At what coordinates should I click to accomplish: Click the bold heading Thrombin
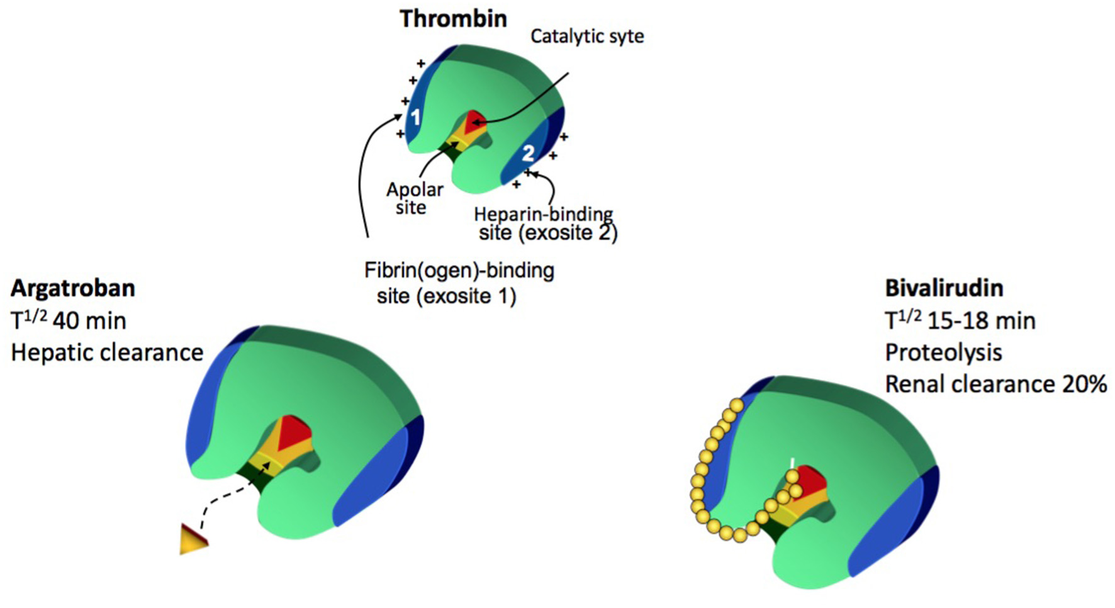point(453,19)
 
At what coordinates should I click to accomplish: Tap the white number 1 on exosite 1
point(415,116)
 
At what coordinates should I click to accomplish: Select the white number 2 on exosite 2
point(528,153)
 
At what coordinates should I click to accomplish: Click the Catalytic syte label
point(587,37)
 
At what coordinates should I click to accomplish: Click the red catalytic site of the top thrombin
point(473,121)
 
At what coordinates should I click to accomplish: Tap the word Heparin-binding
point(543,214)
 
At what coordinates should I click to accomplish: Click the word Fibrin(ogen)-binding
point(459,271)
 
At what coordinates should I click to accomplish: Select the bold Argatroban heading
point(73,288)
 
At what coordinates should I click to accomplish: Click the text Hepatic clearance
point(108,352)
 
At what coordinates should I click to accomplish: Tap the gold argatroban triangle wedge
point(192,539)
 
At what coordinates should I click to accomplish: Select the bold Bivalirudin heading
point(944,288)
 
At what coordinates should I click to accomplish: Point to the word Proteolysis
point(943,352)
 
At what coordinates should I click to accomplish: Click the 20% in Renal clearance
point(1084,384)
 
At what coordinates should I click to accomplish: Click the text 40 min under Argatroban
point(89,321)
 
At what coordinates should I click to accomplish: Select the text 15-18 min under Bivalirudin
point(982,321)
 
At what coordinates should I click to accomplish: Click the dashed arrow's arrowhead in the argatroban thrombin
point(268,464)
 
